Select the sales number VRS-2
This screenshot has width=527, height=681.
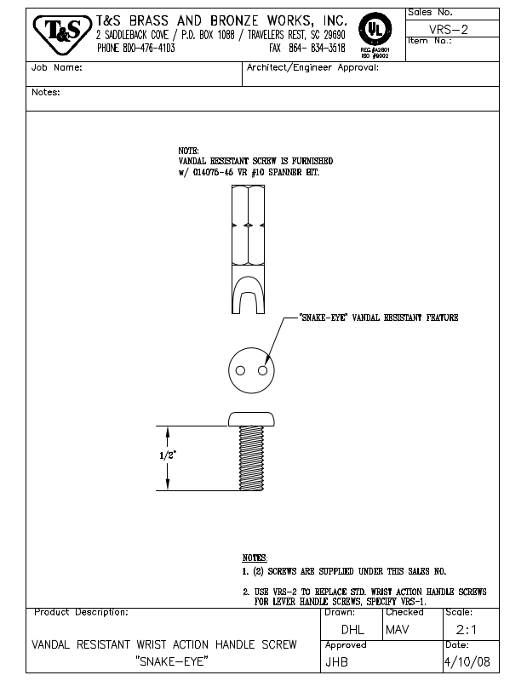coord(450,28)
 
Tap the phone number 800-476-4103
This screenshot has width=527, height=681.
coord(149,48)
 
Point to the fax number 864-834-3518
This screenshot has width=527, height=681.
coord(321,48)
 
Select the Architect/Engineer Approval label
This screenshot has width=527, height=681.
coord(312,68)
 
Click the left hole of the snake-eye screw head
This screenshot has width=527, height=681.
coord(241,371)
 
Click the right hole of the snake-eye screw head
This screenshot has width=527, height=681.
coord(263,371)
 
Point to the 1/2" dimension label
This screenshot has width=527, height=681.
coord(169,455)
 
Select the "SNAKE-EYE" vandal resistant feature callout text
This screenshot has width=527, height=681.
coord(379,318)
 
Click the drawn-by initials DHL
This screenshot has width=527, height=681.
coord(352,632)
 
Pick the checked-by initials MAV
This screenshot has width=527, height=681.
coord(398,632)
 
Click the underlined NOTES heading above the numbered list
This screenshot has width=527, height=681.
coord(255,557)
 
